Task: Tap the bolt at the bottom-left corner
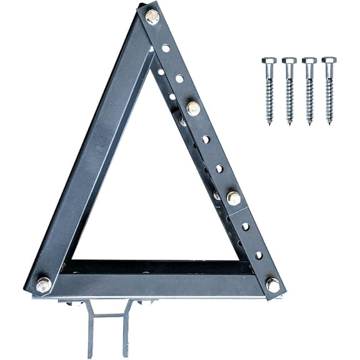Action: point(43,284)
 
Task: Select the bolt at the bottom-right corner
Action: point(272,284)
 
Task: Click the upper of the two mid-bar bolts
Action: point(193,108)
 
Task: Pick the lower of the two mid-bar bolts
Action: point(233,198)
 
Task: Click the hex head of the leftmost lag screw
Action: point(269,61)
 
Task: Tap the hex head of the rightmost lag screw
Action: point(329,61)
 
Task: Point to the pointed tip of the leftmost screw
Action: point(270,123)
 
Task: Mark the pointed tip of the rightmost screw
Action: point(329,123)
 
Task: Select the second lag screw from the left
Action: point(289,91)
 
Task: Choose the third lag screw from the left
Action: point(309,91)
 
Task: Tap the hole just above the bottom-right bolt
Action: point(259,255)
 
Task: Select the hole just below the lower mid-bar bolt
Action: point(246,226)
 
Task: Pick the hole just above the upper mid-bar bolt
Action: point(179,78)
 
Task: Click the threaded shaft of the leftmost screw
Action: point(269,100)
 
